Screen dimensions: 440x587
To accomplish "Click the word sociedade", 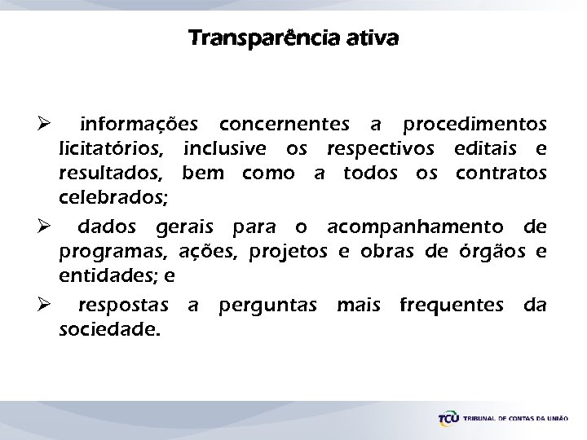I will tap(109, 330).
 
